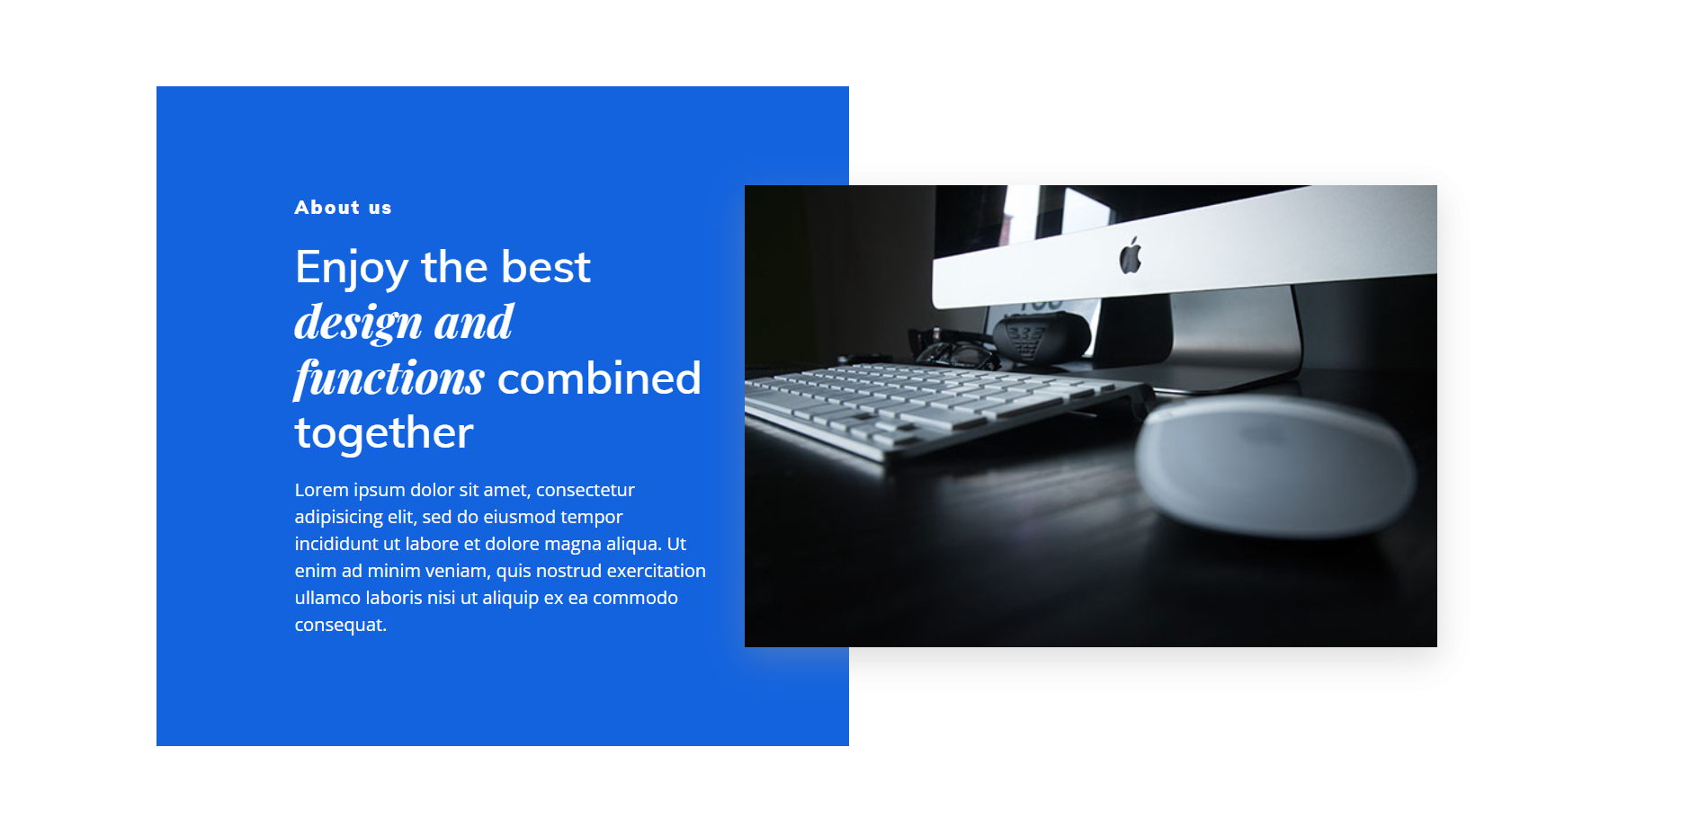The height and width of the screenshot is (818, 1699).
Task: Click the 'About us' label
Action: (x=343, y=208)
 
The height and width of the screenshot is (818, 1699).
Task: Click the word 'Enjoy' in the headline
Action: (x=352, y=268)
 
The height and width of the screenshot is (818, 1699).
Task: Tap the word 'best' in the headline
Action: (x=546, y=267)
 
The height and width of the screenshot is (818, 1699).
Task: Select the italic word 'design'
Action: (x=359, y=323)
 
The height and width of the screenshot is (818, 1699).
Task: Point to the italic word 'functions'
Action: (x=389, y=378)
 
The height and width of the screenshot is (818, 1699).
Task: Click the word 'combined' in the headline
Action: (x=599, y=378)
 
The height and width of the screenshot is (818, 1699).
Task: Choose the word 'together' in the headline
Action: (x=384, y=433)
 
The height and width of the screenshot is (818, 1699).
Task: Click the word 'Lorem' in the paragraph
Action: (x=321, y=490)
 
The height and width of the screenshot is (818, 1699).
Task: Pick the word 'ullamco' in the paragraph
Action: (x=328, y=598)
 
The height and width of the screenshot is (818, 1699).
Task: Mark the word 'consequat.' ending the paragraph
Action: (x=341, y=626)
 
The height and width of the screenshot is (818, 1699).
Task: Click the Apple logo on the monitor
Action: (x=1131, y=255)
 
